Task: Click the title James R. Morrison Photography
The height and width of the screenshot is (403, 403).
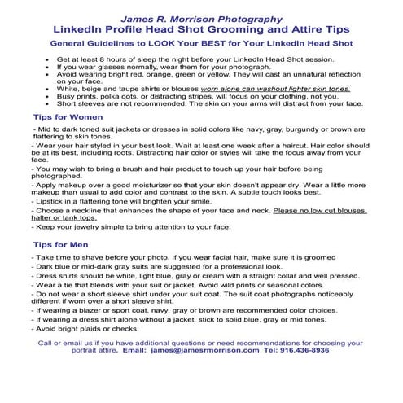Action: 200,17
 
